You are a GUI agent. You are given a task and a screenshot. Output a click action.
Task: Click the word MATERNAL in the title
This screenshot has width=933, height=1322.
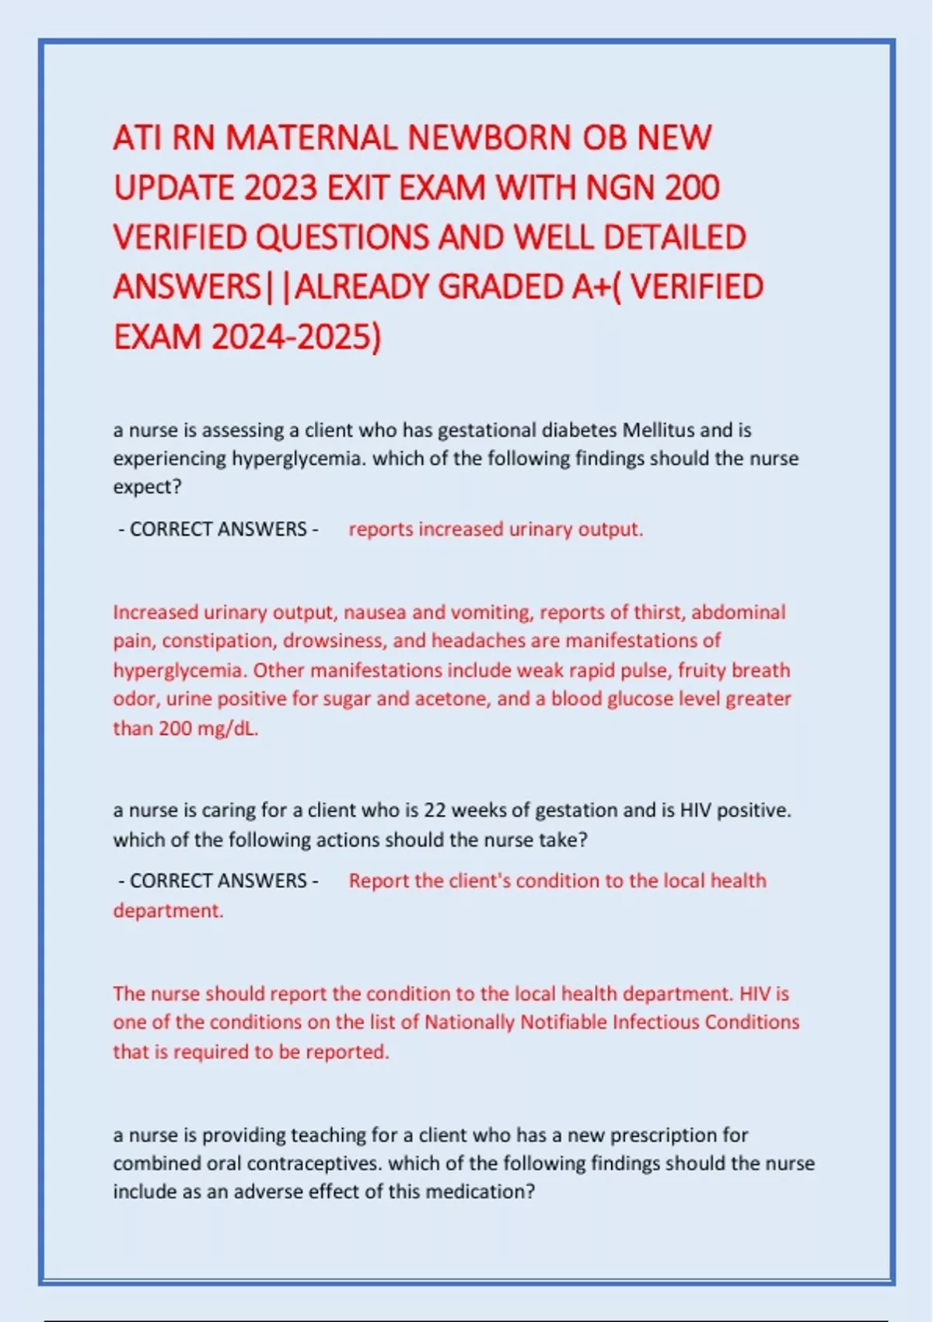(x=313, y=138)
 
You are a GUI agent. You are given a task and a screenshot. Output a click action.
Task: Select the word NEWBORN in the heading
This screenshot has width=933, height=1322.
(x=490, y=138)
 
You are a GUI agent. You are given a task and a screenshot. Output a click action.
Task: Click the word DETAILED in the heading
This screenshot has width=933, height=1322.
(x=675, y=238)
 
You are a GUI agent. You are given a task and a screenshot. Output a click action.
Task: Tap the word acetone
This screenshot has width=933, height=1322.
(x=450, y=699)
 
